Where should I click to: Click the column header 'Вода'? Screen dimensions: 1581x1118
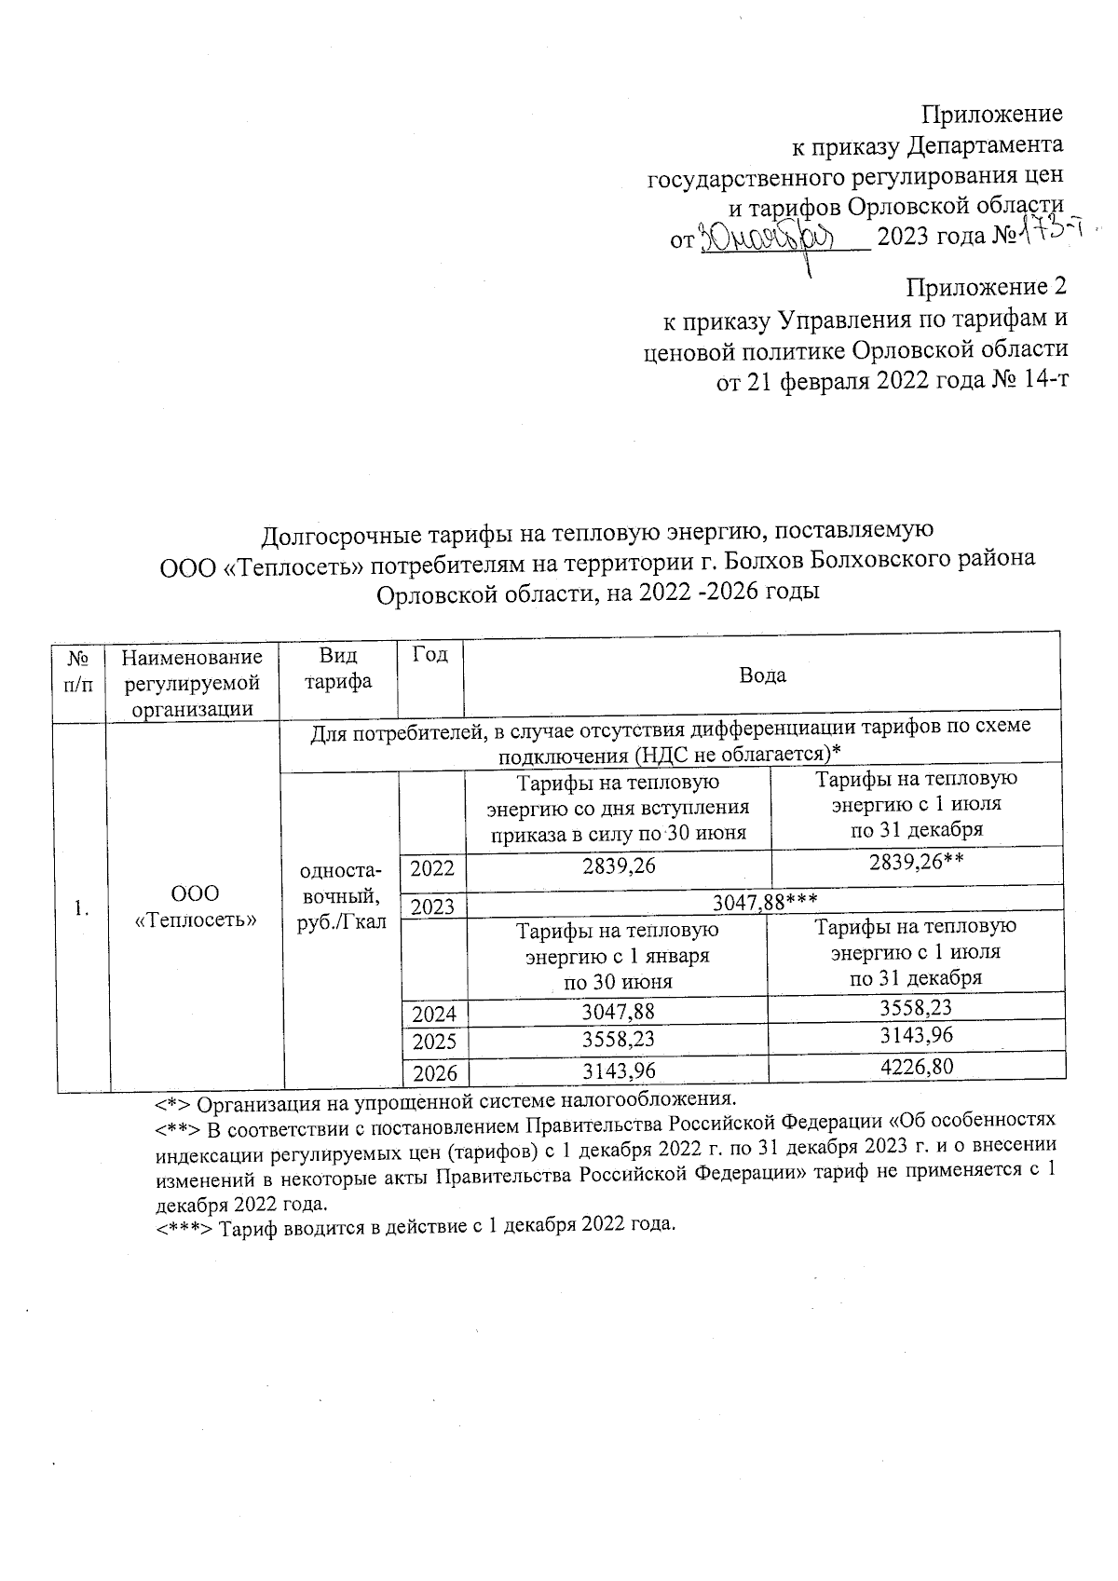click(762, 675)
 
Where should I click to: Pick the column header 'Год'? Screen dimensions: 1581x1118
click(429, 655)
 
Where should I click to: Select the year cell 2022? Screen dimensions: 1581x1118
click(432, 868)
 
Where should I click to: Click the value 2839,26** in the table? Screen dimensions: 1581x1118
click(915, 864)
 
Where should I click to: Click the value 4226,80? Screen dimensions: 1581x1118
click(916, 1066)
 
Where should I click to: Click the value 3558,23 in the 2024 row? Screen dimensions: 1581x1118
click(916, 1006)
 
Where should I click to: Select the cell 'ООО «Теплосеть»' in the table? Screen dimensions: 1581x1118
click(196, 906)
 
